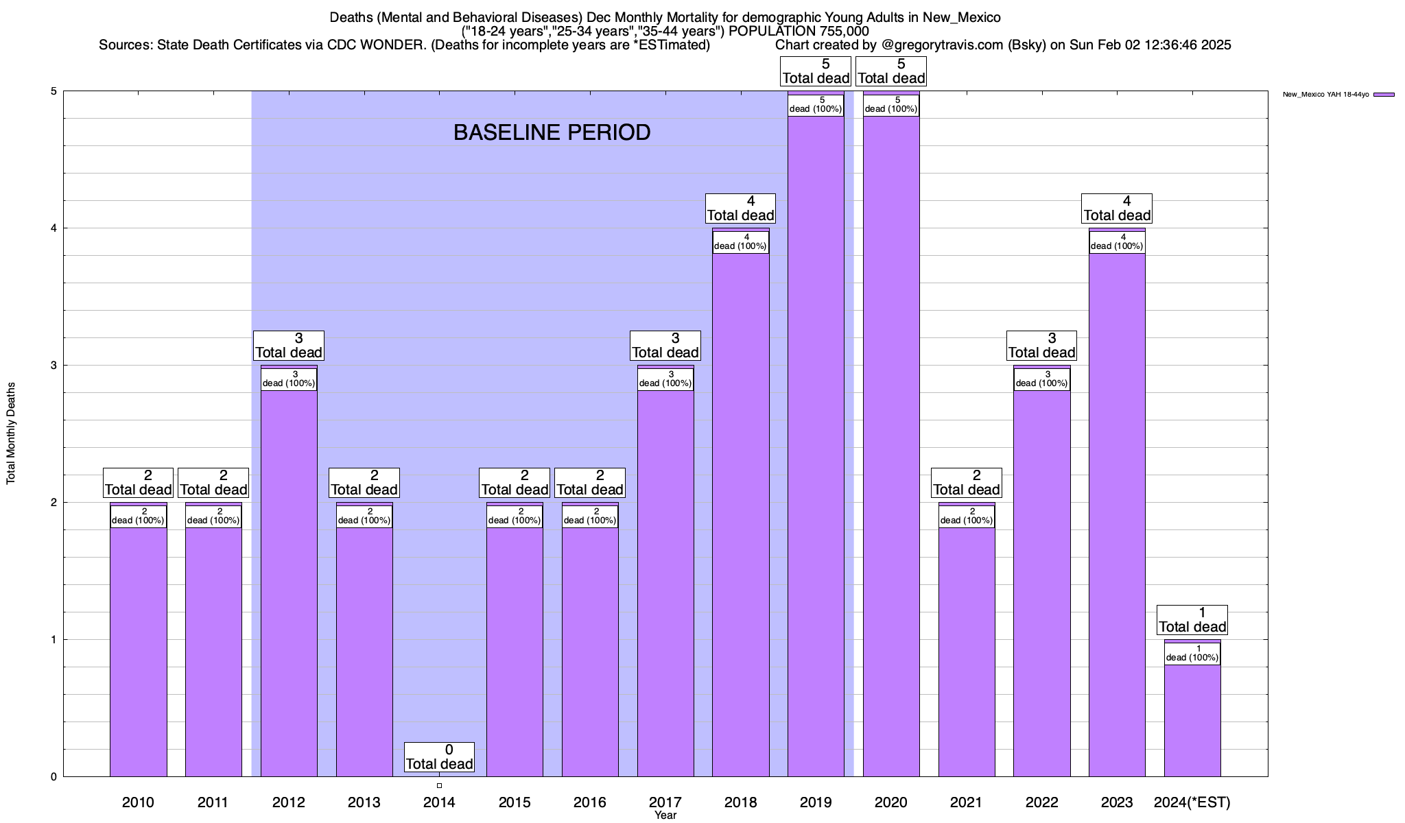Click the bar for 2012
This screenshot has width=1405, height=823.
(x=289, y=583)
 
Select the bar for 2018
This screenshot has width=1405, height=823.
(x=740, y=514)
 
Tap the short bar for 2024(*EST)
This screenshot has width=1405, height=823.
(x=1192, y=720)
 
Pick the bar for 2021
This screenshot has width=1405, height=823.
(x=966, y=652)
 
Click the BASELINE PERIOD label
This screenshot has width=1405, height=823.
(x=552, y=132)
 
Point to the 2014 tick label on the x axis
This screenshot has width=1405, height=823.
(x=439, y=802)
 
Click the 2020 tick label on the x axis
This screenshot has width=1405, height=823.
(x=891, y=802)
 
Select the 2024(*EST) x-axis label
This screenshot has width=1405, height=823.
(x=1192, y=802)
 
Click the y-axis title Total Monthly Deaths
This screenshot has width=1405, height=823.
(x=11, y=433)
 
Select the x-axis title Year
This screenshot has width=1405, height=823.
(x=665, y=815)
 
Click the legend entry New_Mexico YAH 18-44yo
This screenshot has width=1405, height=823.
(x=1325, y=95)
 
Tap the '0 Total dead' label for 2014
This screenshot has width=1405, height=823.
(x=439, y=757)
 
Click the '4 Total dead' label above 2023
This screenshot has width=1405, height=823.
(x=1117, y=208)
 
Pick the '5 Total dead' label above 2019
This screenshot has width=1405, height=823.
(x=816, y=71)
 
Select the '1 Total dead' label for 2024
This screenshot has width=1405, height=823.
(x=1192, y=620)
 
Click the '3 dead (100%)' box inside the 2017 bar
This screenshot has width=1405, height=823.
(x=665, y=379)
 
